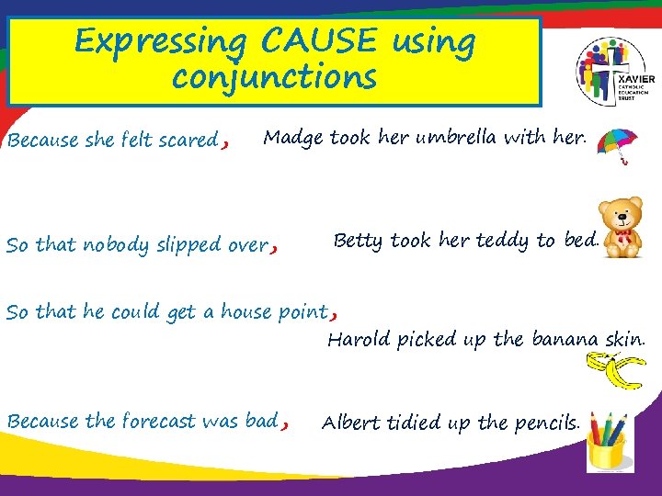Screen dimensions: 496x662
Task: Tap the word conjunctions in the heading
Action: pos(274,77)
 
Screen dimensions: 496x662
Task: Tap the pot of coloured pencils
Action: pos(606,440)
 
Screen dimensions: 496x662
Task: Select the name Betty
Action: pos(360,241)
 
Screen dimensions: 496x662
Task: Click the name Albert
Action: pos(350,423)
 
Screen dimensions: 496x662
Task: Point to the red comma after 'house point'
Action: pos(333,312)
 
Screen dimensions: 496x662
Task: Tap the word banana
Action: pos(565,340)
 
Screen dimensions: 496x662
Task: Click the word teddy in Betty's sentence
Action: pos(503,241)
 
